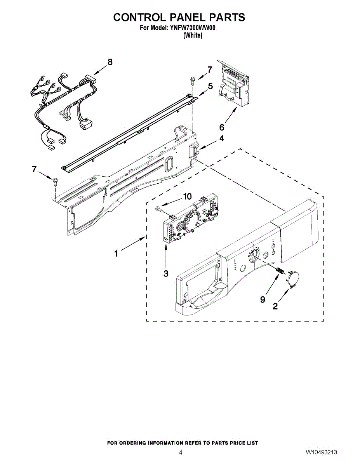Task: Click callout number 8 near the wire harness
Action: point(110,62)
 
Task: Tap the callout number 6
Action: point(221,127)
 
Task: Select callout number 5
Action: point(210,86)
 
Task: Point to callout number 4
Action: point(222,138)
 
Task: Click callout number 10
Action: point(187,196)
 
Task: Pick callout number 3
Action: point(166,273)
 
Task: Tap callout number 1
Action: point(116,254)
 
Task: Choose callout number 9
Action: point(263,299)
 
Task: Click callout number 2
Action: point(275,306)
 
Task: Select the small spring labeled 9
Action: point(279,271)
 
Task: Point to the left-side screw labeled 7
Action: point(55,182)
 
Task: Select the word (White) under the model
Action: point(193,35)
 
